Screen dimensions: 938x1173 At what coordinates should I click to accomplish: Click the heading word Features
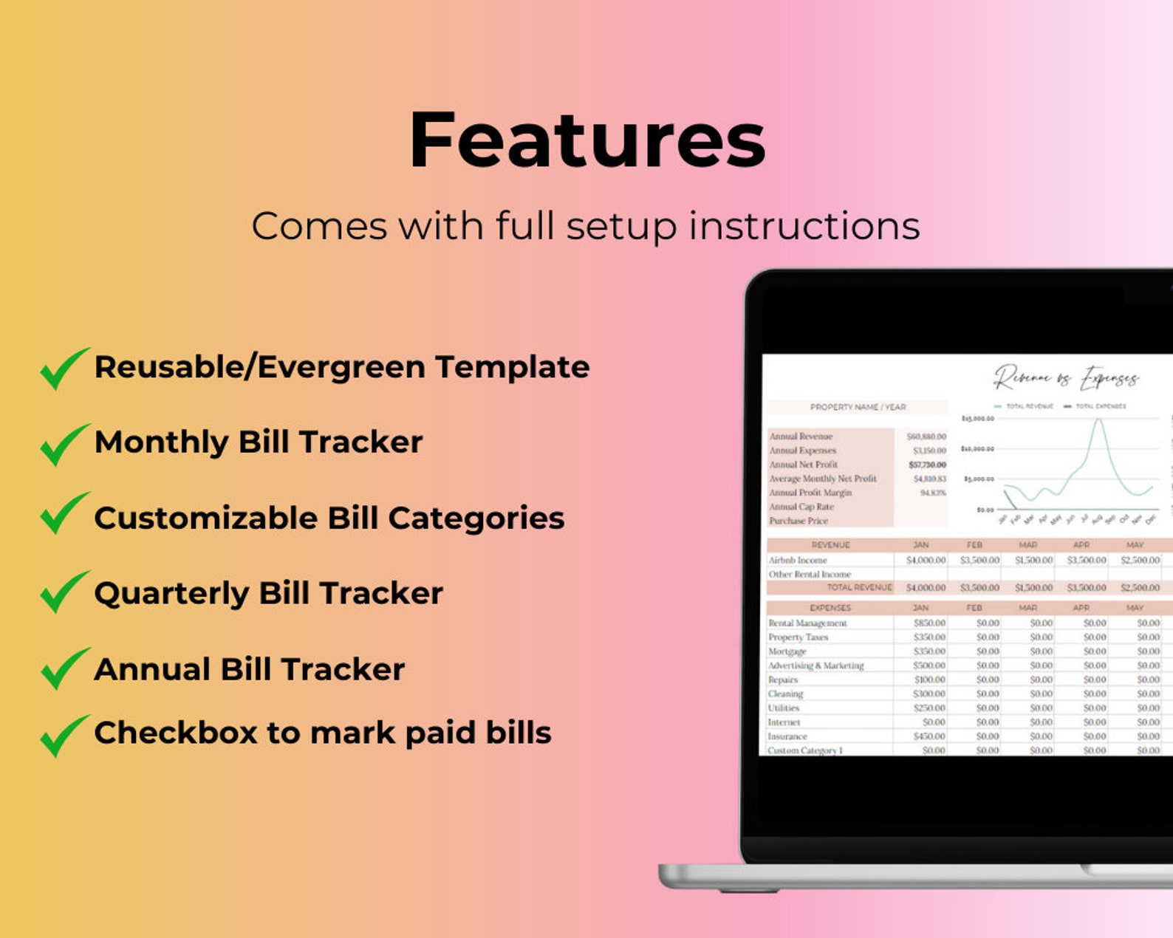[x=587, y=140]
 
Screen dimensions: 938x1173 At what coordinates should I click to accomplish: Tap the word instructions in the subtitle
[x=804, y=226]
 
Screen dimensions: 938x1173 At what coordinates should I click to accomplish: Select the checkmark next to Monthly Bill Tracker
[x=64, y=444]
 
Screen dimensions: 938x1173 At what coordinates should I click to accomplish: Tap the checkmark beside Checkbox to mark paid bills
[x=64, y=735]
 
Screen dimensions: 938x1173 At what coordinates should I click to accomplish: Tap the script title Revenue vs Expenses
[x=1065, y=378]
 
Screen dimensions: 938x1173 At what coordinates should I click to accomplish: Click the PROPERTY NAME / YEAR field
[x=858, y=407]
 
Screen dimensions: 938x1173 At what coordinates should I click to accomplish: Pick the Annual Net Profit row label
[x=803, y=465]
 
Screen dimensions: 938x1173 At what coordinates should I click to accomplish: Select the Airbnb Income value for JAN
[x=926, y=560]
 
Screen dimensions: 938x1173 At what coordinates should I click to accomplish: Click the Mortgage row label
[x=787, y=651]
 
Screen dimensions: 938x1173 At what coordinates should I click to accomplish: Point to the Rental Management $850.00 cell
[x=929, y=623]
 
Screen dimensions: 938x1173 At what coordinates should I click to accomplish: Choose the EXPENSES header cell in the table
[x=830, y=608]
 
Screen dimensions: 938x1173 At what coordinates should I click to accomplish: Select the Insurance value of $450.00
[x=929, y=736]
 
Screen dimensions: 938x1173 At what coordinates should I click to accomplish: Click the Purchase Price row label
[x=798, y=521]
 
